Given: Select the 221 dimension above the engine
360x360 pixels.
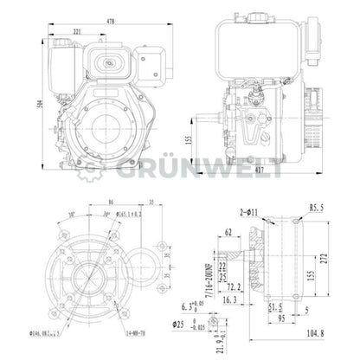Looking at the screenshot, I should click(x=78, y=33).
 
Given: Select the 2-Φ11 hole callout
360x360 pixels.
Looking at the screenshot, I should click(x=249, y=210).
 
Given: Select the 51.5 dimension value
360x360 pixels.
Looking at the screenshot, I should click(x=275, y=305).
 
